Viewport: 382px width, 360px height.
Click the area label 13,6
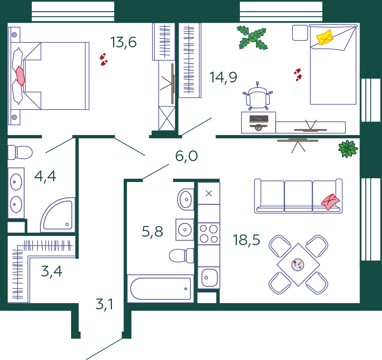tap(123, 42)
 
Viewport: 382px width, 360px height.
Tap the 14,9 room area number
tap(223, 77)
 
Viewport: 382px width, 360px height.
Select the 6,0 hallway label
tap(186, 156)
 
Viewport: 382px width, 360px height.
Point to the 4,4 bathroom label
tap(45, 176)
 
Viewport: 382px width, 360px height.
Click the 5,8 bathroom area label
tap(152, 231)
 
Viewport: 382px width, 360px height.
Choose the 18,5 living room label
tap(246, 240)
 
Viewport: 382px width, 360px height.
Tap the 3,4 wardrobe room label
tap(52, 271)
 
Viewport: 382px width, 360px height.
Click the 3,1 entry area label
tap(104, 304)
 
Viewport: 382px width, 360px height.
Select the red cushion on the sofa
tap(330, 202)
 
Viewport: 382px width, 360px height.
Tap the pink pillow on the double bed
tap(20, 76)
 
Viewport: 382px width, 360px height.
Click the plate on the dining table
tap(298, 265)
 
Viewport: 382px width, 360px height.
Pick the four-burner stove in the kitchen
tap(209, 234)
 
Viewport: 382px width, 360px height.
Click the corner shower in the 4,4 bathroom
tap(58, 215)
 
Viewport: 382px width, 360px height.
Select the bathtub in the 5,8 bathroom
tap(160, 289)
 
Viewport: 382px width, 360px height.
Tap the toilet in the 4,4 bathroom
tap(20, 153)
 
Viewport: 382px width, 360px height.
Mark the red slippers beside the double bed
tap(104, 59)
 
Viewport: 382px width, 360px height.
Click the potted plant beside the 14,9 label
tap(253, 38)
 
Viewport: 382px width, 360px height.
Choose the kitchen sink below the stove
tap(209, 278)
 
